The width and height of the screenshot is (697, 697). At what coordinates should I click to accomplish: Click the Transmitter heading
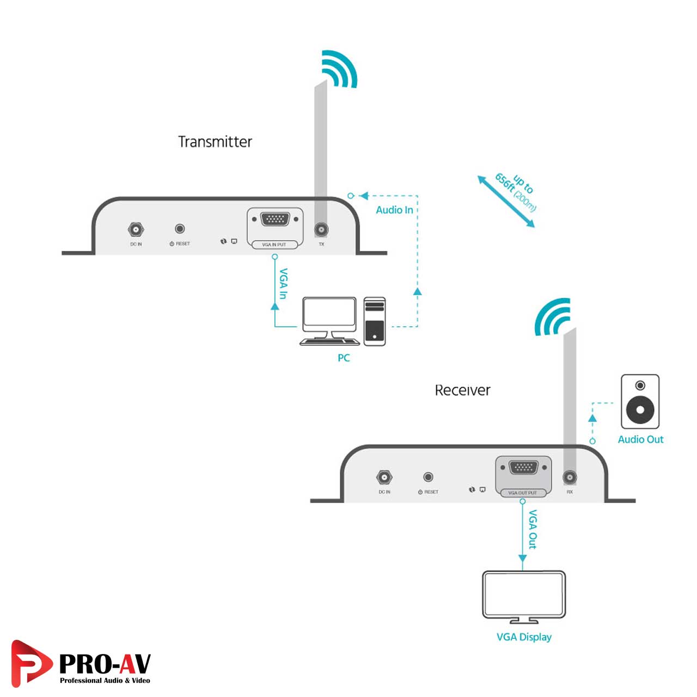pos(215,142)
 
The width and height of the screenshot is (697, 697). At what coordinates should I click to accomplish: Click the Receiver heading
pos(462,390)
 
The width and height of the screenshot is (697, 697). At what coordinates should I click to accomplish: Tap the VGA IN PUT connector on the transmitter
pos(275,220)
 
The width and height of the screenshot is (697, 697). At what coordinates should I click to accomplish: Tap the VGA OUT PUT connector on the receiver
pos(523,468)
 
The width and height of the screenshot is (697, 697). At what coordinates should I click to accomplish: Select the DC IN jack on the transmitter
pos(136,229)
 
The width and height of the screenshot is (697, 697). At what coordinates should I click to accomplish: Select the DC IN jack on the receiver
pos(384,478)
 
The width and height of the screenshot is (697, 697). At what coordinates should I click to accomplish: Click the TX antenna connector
pos(321,230)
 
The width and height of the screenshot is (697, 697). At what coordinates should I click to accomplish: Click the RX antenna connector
pos(570,478)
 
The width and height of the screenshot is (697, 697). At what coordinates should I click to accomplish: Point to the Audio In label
pos(394,210)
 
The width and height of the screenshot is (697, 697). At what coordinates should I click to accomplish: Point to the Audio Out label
pos(640,439)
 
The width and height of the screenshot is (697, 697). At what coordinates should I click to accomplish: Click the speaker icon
pos(640,401)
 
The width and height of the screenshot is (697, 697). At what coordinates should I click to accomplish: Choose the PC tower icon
pos(375,321)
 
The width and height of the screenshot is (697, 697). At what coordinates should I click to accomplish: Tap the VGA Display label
pos(524,637)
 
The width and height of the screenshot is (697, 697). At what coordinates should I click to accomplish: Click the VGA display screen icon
pos(524,594)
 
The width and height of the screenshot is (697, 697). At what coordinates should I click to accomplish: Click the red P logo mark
pos(30,663)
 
